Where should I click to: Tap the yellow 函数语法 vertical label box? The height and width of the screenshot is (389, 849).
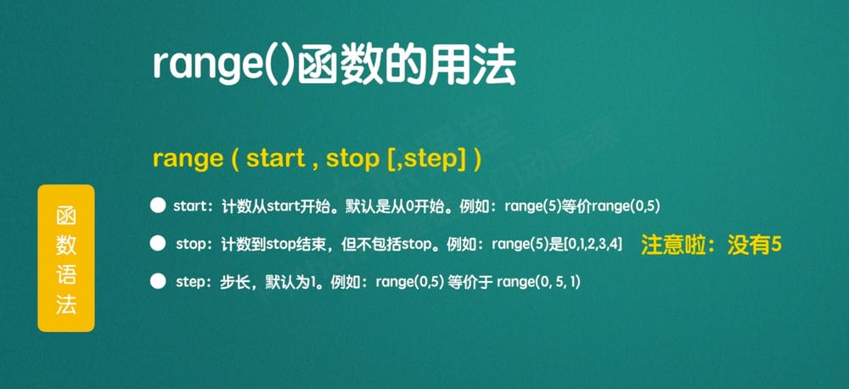(x=65, y=257)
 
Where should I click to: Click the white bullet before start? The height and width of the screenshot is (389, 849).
(x=157, y=205)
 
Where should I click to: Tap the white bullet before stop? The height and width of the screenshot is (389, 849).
(x=157, y=244)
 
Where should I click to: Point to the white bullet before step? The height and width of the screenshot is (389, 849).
(x=157, y=279)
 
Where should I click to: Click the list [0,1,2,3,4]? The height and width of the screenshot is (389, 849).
(x=593, y=245)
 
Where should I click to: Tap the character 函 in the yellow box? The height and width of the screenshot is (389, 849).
(x=65, y=216)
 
